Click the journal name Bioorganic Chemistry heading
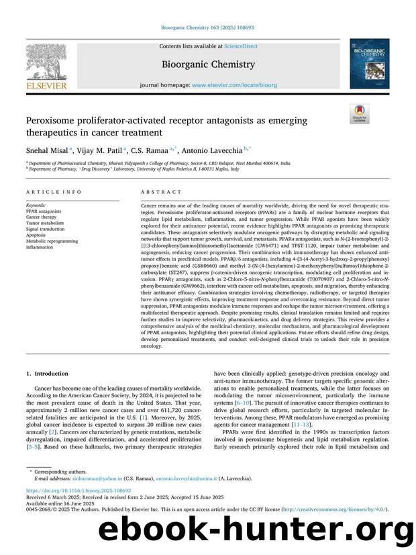pos(207,65)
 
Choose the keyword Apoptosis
pos(37,236)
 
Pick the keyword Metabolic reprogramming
pos(49,242)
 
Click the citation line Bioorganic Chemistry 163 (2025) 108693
pos(207,28)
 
